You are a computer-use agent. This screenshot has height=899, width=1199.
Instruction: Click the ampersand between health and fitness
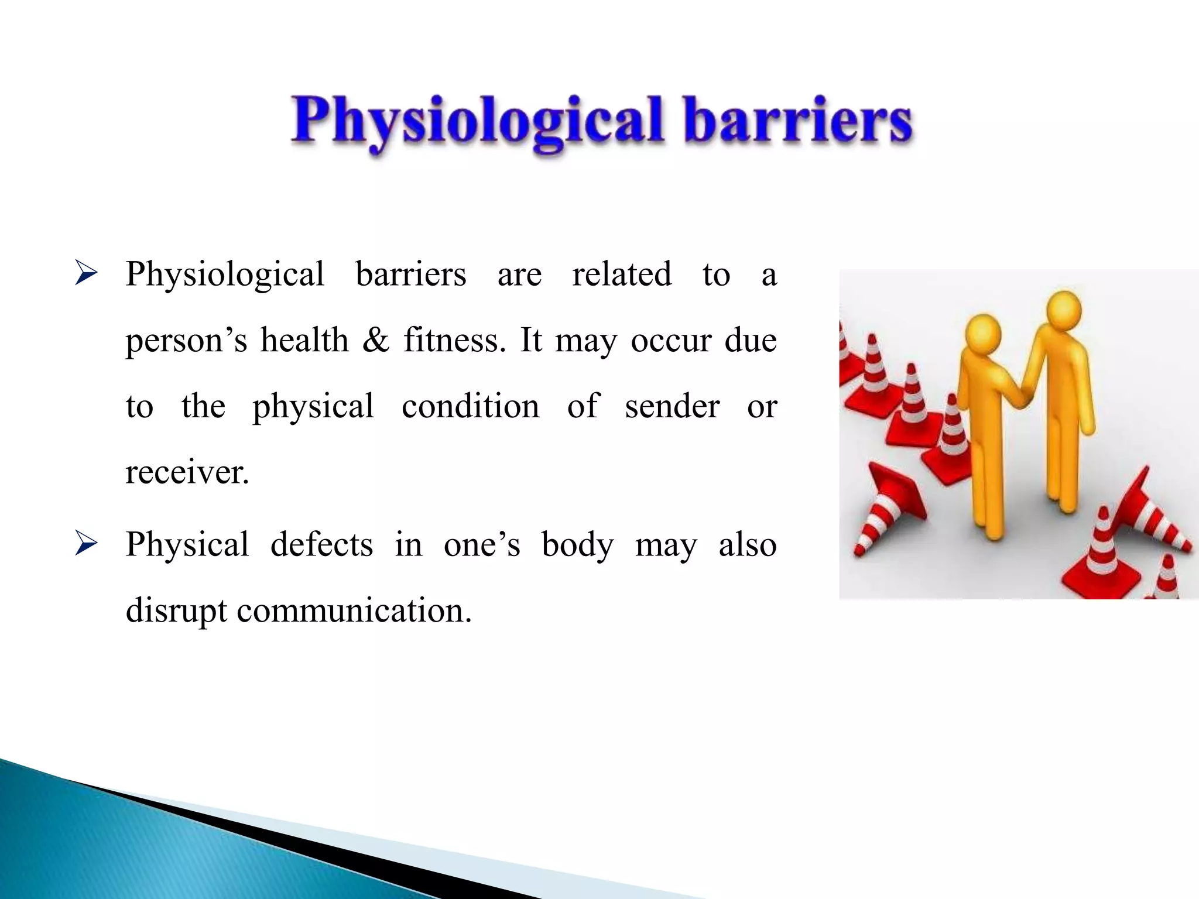tap(375, 341)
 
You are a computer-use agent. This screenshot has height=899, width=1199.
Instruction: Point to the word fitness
tap(454, 339)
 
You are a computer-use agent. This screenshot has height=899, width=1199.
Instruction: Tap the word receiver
tap(187, 472)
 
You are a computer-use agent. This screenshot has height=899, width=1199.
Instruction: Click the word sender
tap(672, 406)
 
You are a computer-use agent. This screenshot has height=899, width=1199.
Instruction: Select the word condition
tap(470, 406)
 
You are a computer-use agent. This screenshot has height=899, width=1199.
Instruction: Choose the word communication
tap(354, 611)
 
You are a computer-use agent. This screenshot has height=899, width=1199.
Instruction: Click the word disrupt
tap(176, 611)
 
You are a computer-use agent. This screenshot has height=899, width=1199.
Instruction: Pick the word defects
tap(321, 544)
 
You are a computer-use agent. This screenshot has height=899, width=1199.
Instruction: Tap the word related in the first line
tap(621, 274)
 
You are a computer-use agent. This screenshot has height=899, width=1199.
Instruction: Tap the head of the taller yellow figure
tap(1063, 310)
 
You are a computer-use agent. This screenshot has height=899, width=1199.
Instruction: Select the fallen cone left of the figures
tap(890, 506)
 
